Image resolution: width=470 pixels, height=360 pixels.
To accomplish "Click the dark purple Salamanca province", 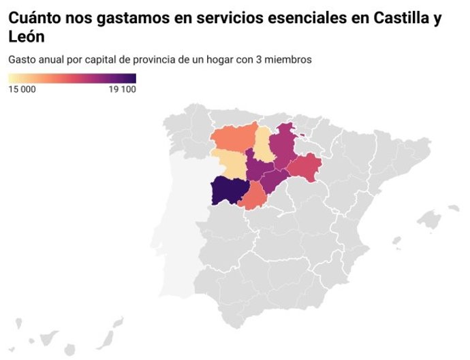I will click(x=226, y=191).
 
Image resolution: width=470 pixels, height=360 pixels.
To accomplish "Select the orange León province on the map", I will click(x=234, y=138).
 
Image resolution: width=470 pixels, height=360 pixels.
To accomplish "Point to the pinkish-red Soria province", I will click(x=306, y=167).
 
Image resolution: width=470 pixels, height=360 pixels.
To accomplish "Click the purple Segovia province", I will click(x=276, y=180).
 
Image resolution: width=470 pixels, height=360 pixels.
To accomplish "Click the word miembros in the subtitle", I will click(x=290, y=60).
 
